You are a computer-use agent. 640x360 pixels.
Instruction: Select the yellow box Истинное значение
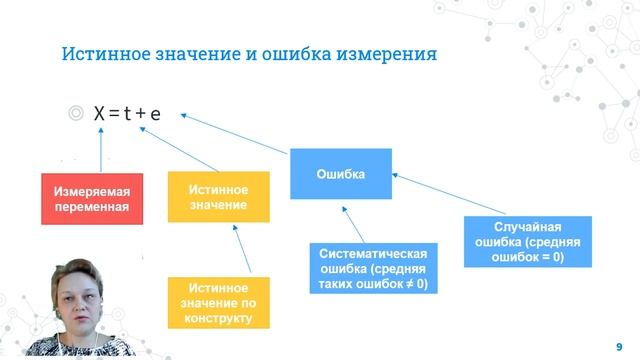tap(218, 197)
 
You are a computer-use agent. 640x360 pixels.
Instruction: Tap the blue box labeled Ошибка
tap(340, 174)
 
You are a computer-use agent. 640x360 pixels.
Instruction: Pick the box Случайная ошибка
tap(528, 242)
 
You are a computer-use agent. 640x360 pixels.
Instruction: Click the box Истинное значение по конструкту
tap(218, 303)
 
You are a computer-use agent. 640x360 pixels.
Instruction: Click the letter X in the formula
tap(99, 115)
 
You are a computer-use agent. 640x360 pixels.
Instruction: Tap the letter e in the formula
tap(155, 115)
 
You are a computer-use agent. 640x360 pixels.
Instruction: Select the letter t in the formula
tap(128, 115)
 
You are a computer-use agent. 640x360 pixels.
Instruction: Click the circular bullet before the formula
tap(75, 115)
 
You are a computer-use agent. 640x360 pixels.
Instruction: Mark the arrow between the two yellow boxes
tap(235, 250)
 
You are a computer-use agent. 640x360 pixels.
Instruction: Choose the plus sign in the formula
tap(141, 115)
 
